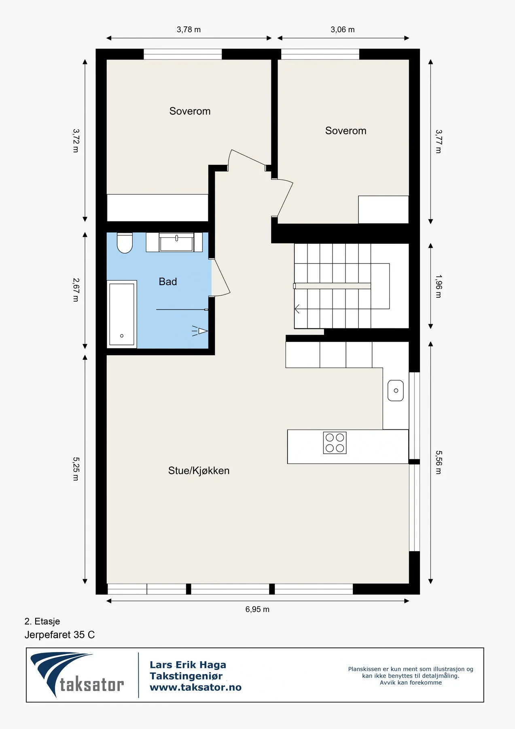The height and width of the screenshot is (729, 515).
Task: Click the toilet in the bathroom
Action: [125, 243]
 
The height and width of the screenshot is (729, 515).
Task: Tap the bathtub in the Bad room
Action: [122, 314]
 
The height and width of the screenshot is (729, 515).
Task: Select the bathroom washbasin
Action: [176, 243]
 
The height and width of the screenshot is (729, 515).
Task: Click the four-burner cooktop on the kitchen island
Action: [335, 443]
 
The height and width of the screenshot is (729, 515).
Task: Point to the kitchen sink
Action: [396, 390]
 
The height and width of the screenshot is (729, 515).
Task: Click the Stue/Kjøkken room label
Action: [199, 471]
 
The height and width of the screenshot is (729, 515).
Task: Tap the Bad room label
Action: [168, 281]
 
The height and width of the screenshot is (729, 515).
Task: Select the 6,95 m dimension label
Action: [257, 609]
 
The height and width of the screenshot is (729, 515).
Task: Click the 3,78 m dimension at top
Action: [189, 30]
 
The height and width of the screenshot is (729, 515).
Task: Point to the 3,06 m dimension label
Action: [343, 30]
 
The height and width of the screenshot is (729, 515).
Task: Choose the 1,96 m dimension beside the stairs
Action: [439, 286]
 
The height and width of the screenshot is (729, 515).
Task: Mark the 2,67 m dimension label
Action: [76, 290]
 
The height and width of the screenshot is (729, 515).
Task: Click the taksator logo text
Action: [92, 685]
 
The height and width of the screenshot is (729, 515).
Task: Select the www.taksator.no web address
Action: [195, 687]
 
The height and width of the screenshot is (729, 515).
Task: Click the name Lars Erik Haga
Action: [188, 665]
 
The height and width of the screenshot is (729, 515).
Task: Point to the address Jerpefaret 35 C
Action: [59, 635]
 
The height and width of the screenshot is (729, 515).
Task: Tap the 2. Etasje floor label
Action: [42, 621]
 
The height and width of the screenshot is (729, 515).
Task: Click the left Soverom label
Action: [190, 111]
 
